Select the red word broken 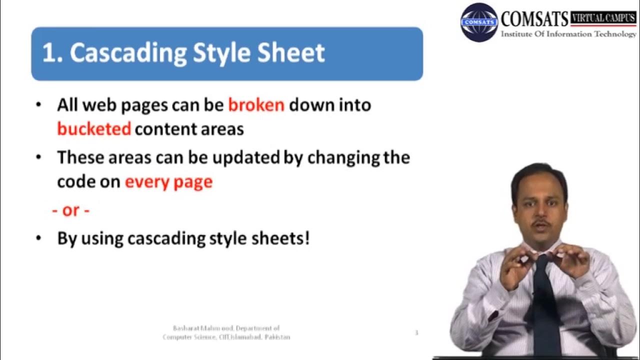pyautogui.click(x=256, y=105)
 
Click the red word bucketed pyautogui.click(x=94, y=129)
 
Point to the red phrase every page pyautogui.click(x=168, y=181)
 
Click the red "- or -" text pyautogui.click(x=70, y=210)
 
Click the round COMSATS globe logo pyautogui.click(x=478, y=22)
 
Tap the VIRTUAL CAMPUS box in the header pyautogui.click(x=603, y=18)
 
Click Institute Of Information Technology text pyautogui.click(x=568, y=34)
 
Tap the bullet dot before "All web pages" pyautogui.click(x=39, y=105)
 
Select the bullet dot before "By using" pyautogui.click(x=39, y=238)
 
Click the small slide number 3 pyautogui.click(x=416, y=332)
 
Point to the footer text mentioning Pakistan pyautogui.click(x=226, y=337)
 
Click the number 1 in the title pyautogui.click(x=48, y=53)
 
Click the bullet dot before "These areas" pyautogui.click(x=39, y=158)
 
